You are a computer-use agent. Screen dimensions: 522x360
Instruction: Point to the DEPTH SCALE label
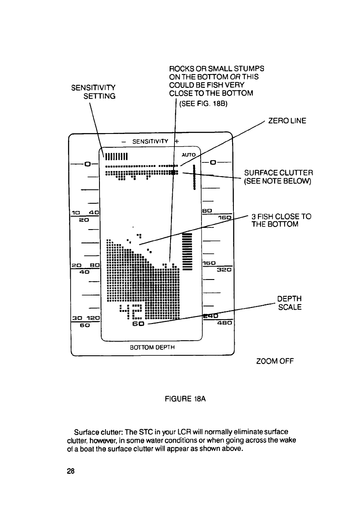(289, 303)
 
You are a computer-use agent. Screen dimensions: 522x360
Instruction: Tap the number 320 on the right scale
(224, 270)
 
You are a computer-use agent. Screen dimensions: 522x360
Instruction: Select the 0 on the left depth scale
(87, 164)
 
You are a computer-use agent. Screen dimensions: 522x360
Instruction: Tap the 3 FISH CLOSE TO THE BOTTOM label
(282, 220)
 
